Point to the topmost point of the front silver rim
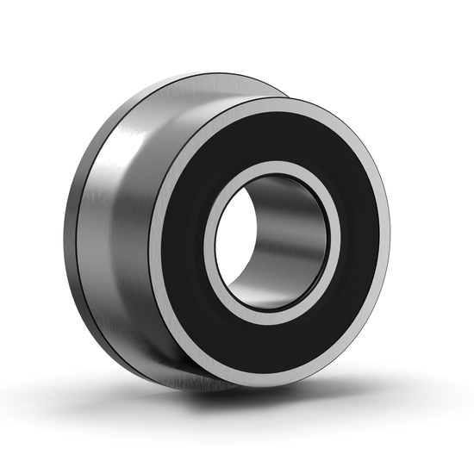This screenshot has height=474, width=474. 276,101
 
